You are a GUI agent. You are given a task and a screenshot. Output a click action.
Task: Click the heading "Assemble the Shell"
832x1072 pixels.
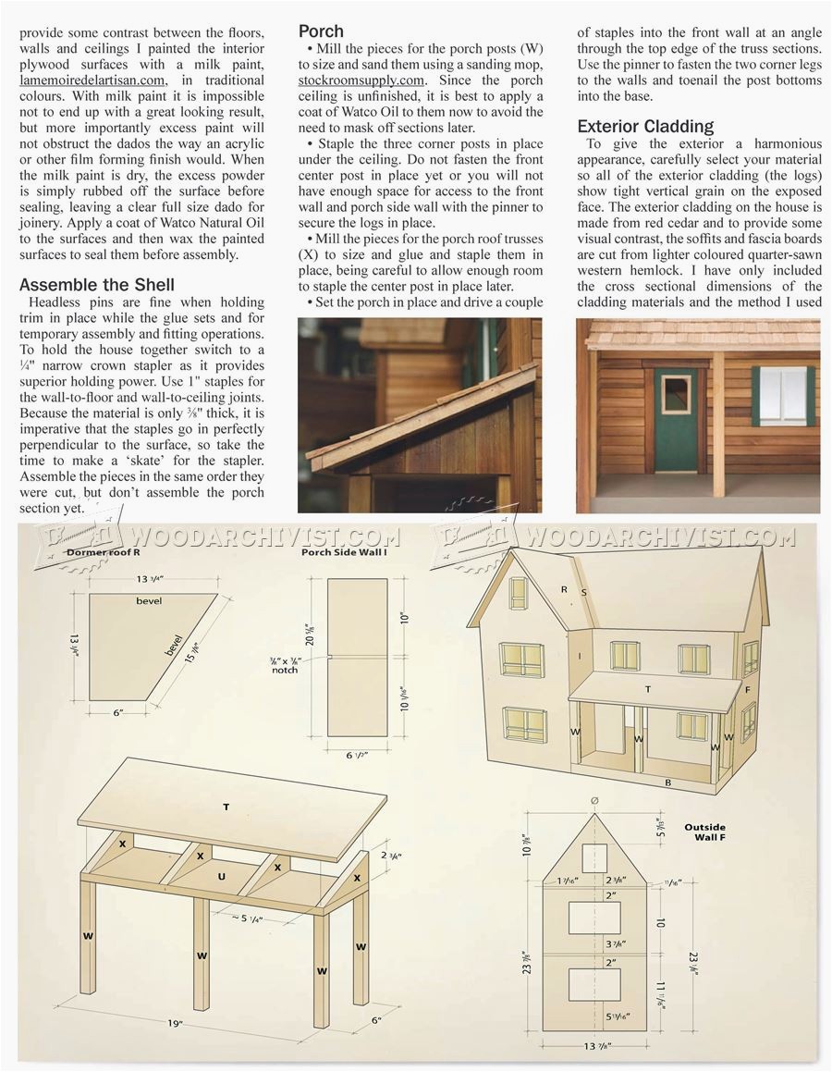pyautogui.click(x=97, y=284)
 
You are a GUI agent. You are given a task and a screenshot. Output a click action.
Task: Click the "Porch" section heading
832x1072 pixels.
pyautogui.click(x=322, y=31)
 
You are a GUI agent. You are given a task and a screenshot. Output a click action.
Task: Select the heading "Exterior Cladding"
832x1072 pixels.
pyautogui.click(x=645, y=127)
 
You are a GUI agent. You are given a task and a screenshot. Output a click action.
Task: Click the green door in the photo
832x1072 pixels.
pyautogui.click(x=677, y=420)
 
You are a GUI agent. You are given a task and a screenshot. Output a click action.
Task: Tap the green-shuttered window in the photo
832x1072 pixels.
pyautogui.click(x=783, y=396)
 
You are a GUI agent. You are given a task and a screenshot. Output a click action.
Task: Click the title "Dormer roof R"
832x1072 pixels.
pyautogui.click(x=103, y=552)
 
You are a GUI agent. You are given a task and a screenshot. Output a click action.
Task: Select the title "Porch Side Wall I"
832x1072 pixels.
pyautogui.click(x=336, y=552)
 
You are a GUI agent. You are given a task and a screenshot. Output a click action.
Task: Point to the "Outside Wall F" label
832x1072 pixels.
pyautogui.click(x=704, y=832)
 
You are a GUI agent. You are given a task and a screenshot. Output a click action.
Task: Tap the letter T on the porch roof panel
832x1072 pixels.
pyautogui.click(x=226, y=807)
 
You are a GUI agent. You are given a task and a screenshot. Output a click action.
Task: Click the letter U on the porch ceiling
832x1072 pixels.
pyautogui.click(x=221, y=875)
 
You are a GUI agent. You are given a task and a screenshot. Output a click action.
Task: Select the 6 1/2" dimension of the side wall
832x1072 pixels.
pyautogui.click(x=358, y=755)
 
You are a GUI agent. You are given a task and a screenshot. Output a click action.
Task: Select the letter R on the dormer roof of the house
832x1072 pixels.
pyautogui.click(x=562, y=588)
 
